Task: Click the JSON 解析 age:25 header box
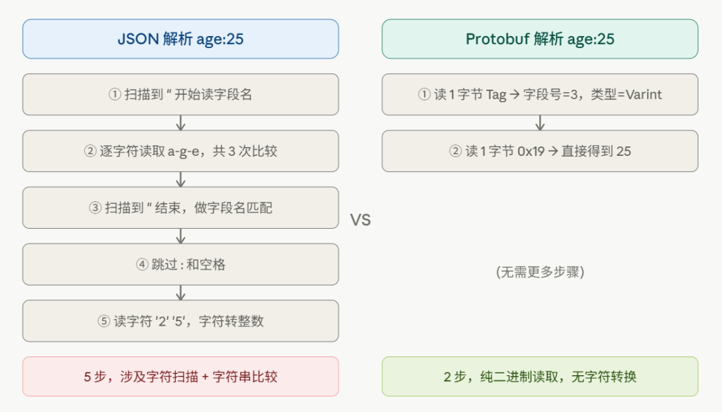tap(180, 39)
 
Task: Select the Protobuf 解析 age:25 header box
tap(539, 39)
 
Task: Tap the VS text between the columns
tap(360, 220)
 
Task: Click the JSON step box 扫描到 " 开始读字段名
tap(180, 94)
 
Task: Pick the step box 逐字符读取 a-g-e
tap(180, 151)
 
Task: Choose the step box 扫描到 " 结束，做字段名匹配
tap(180, 208)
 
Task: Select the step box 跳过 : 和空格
tap(180, 264)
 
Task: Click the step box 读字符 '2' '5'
tap(180, 321)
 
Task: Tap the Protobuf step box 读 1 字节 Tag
tap(539, 94)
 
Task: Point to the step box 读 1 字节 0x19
tap(539, 151)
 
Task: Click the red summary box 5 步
tap(180, 377)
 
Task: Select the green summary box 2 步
tap(539, 377)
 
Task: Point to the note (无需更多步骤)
tap(540, 272)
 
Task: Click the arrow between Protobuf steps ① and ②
tap(540, 123)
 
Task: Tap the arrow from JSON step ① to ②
tap(180, 123)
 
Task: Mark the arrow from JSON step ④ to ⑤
tap(180, 293)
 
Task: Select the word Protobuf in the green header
tap(497, 39)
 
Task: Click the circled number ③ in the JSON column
tap(94, 208)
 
